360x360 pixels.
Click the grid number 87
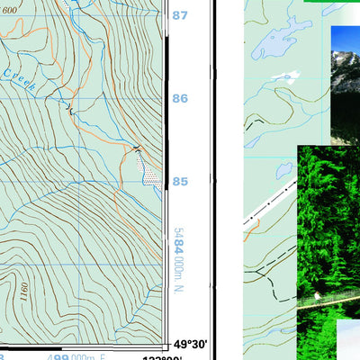[x=180, y=15]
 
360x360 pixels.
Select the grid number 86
[x=180, y=98]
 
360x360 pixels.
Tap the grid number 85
[x=180, y=181]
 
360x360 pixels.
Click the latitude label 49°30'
[x=191, y=344]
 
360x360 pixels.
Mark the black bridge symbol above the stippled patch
[x=137, y=148]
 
